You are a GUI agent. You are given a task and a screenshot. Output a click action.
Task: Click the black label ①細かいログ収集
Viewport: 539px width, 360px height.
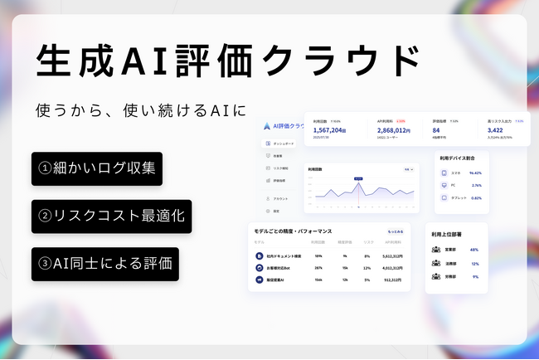click(x=96, y=168)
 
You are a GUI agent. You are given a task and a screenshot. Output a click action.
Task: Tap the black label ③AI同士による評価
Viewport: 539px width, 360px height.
click(x=104, y=264)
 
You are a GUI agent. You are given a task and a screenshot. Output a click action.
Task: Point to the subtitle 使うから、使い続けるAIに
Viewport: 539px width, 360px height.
click(x=141, y=109)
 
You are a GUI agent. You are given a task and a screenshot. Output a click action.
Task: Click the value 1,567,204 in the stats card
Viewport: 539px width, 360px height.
click(x=330, y=130)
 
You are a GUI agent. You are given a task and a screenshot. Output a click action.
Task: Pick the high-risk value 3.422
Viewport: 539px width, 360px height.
click(x=496, y=130)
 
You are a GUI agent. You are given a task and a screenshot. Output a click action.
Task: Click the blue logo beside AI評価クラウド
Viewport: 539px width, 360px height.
click(x=266, y=126)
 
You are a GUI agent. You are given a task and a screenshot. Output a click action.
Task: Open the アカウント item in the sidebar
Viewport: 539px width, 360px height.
click(x=279, y=199)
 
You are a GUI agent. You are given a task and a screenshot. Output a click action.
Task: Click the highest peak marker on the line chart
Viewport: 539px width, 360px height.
click(x=358, y=184)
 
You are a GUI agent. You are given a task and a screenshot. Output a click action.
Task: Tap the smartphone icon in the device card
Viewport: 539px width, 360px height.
click(x=444, y=173)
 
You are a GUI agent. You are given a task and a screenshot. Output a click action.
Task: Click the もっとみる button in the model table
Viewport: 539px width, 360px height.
click(x=396, y=231)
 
